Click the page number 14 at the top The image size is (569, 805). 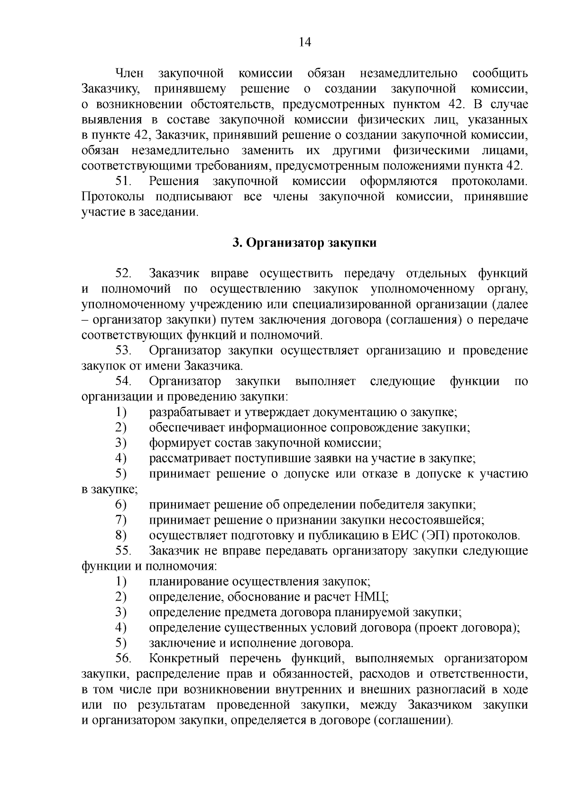click(x=305, y=42)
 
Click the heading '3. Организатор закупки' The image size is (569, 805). click(x=304, y=243)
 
